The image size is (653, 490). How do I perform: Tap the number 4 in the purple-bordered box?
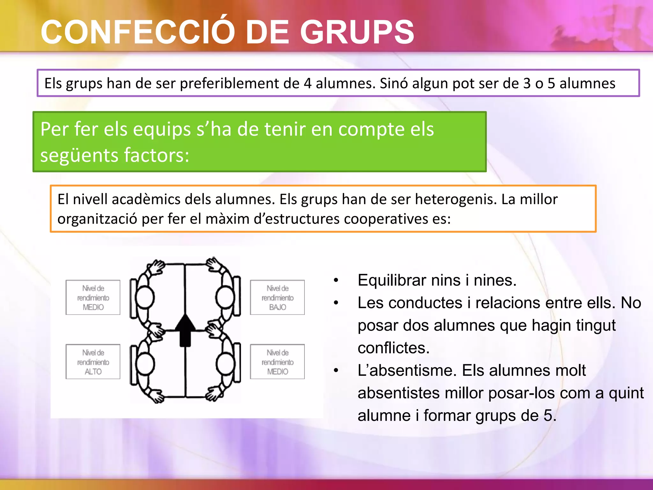point(307,84)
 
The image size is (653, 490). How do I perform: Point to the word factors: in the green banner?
point(156,155)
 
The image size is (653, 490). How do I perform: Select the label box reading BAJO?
point(277,297)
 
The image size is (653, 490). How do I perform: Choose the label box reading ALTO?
point(93,362)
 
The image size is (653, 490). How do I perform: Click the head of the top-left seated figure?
point(145,297)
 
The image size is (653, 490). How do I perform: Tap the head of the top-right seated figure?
point(225,297)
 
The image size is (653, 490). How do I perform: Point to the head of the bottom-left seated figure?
point(145,364)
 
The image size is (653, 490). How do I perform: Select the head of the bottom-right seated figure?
point(225,364)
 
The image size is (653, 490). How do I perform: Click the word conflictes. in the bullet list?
point(393,348)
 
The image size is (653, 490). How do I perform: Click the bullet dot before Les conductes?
point(336,303)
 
